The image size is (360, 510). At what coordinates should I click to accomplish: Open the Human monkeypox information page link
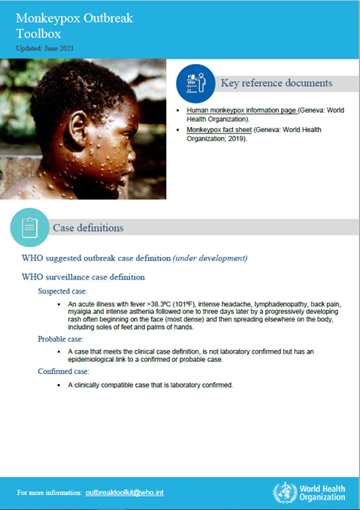click(241, 110)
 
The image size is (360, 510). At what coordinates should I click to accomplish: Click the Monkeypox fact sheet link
click(219, 130)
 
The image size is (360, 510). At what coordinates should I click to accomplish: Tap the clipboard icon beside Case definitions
click(30, 228)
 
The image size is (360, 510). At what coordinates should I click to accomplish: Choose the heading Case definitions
click(88, 228)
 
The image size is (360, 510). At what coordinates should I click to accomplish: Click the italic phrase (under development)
click(210, 258)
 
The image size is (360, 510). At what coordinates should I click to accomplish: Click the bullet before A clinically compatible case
click(59, 385)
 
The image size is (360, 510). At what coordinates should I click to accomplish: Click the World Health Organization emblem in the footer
click(284, 492)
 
